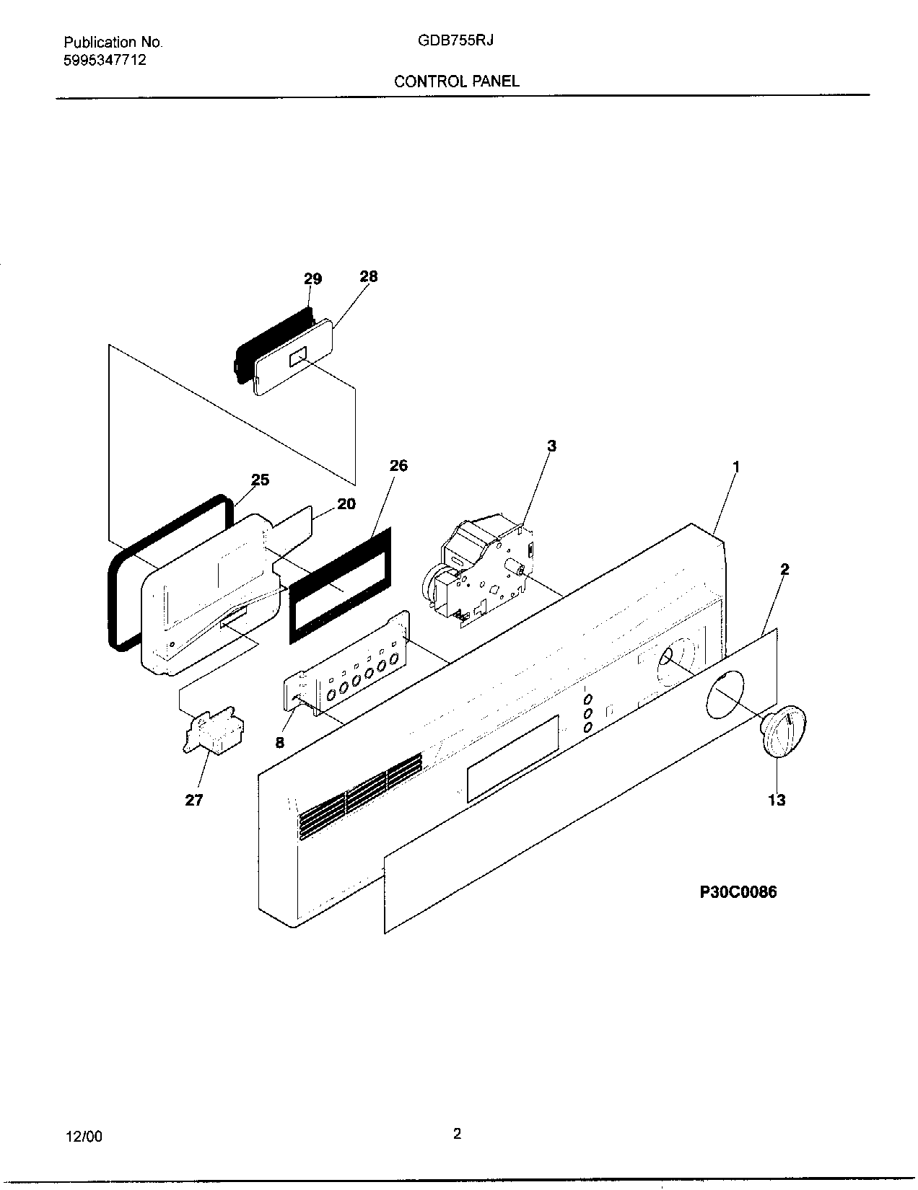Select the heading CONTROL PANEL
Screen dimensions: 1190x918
coord(456,81)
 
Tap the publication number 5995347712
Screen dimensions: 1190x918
coord(105,60)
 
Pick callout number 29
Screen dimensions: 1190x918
coord(312,279)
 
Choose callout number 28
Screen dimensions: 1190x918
coord(368,276)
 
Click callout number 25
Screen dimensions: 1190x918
coord(260,480)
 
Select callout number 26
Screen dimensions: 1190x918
coord(398,466)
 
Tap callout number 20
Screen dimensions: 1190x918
coord(346,503)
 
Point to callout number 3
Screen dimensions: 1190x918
coord(551,446)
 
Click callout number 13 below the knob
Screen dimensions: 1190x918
coord(777,800)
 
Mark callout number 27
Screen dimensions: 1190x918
coord(194,799)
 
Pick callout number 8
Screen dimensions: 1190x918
coord(280,742)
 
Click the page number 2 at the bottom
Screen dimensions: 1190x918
coord(457,1134)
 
